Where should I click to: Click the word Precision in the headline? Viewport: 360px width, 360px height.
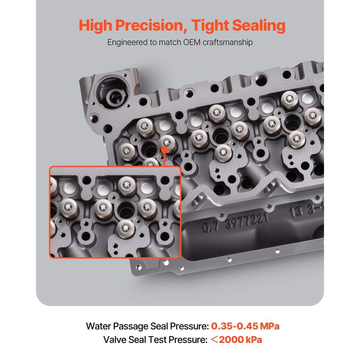pos(151,25)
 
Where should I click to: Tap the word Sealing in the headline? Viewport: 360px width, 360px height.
pos(259,26)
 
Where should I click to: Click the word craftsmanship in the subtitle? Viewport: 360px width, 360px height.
pos(228,42)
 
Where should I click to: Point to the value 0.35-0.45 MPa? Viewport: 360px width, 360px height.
pos(245,326)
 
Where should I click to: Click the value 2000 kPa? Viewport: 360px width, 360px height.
pos(240,340)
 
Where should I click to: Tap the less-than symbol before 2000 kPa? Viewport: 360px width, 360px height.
pos(214,340)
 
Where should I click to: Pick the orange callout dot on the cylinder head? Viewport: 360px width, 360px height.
pos(165,150)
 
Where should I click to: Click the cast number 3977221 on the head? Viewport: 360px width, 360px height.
pos(247,221)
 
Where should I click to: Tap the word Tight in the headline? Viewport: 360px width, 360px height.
pos(210,26)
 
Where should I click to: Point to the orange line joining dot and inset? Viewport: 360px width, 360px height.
pos(164,160)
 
